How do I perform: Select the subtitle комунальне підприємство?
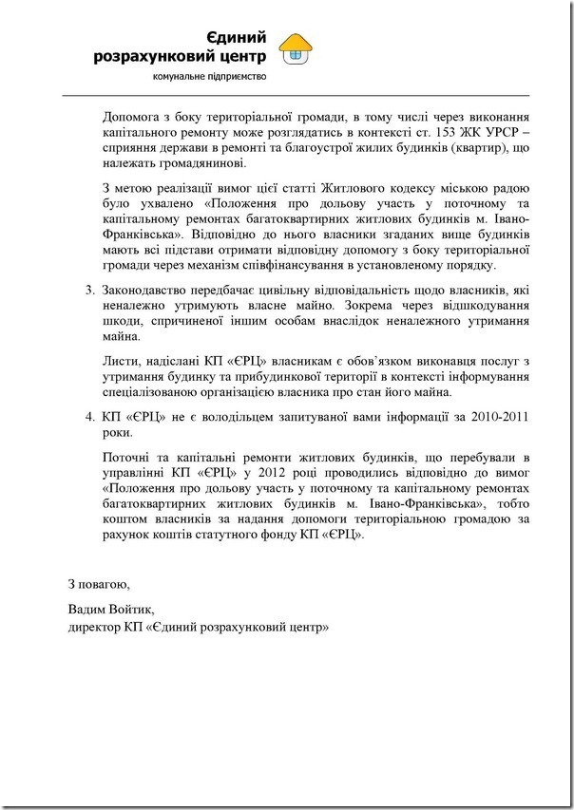210,75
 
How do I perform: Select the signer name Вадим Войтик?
110,610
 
